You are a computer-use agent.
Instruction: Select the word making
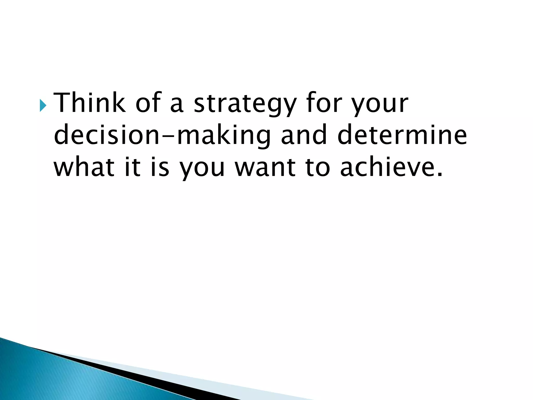point(224,136)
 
